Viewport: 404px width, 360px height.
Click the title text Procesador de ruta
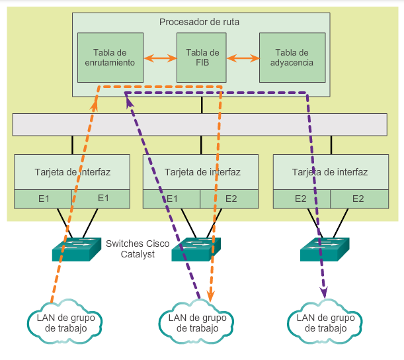click(199, 22)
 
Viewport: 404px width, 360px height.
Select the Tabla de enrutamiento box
click(110, 58)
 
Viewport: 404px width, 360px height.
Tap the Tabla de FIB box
click(202, 58)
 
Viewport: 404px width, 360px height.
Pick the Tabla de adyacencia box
click(292, 58)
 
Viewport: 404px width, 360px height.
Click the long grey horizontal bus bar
click(199, 124)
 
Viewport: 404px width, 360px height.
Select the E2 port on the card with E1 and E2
click(231, 198)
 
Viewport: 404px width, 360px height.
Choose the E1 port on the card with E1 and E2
click(172, 198)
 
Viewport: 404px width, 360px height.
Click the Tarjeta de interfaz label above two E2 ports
click(330, 172)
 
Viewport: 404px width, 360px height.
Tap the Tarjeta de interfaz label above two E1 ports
click(73, 172)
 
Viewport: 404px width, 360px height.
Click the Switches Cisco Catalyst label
click(138, 248)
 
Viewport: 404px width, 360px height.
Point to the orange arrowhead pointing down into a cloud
click(212, 297)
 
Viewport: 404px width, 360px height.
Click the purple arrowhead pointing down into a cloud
click(324, 292)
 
